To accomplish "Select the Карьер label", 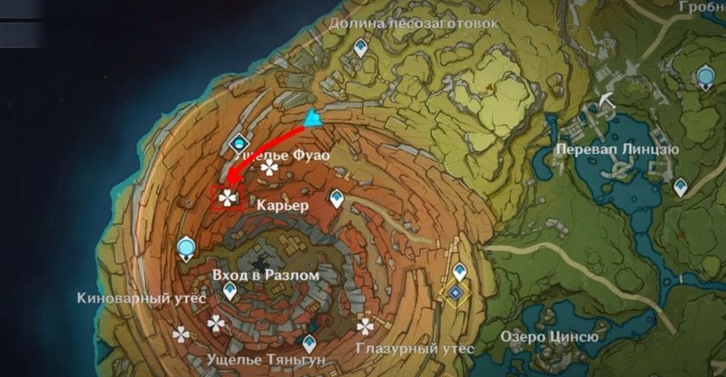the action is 284,206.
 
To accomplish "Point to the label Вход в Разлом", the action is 265,274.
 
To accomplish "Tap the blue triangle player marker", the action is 314,118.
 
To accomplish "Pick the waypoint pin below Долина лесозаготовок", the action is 363,47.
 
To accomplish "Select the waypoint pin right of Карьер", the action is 339,199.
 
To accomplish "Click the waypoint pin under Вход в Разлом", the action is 231,291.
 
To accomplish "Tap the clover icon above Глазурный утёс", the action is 366,325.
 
